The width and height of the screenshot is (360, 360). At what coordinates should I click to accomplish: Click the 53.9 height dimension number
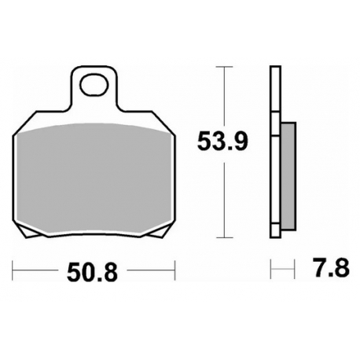tap(222, 141)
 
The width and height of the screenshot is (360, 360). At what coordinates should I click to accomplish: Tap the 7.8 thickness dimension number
tap(332, 267)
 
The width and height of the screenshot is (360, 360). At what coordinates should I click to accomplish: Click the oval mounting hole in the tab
tap(94, 85)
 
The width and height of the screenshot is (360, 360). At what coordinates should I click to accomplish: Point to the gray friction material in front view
tap(94, 178)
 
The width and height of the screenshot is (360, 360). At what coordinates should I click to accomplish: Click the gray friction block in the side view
tap(288, 176)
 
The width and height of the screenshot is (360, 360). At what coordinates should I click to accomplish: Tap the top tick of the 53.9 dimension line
tap(224, 67)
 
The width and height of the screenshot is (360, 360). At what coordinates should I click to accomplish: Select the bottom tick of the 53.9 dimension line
tap(224, 237)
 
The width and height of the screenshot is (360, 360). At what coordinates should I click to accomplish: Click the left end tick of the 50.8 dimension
tap(13, 270)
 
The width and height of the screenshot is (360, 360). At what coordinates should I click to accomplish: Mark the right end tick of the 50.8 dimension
tap(174, 270)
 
